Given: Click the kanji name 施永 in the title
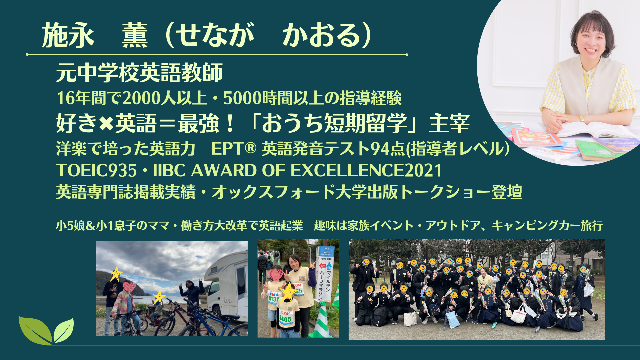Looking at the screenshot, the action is (x=68, y=35).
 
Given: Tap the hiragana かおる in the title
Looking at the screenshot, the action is (x=322, y=35).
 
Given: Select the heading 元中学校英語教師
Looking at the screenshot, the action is (x=139, y=72).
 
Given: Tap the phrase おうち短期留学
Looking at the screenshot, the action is (x=334, y=123).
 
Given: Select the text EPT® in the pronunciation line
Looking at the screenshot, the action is (x=234, y=149).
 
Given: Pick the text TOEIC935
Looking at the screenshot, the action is (x=96, y=170).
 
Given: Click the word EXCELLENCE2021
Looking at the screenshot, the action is (x=366, y=170).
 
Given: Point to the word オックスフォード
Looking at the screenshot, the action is (x=273, y=192).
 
